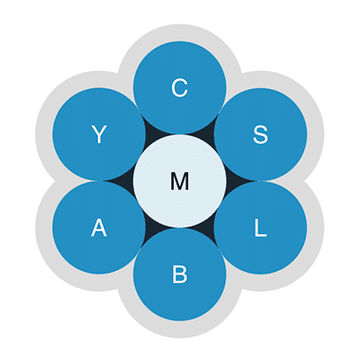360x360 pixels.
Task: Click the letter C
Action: pyautogui.click(x=180, y=87)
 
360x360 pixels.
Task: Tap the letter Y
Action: pyautogui.click(x=99, y=134)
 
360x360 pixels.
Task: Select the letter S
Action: pyautogui.click(x=260, y=134)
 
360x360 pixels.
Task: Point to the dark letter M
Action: pyautogui.click(x=180, y=181)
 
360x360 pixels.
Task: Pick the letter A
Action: pyautogui.click(x=99, y=228)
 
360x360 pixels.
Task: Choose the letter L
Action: pyautogui.click(x=260, y=228)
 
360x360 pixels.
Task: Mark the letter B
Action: pyautogui.click(x=180, y=274)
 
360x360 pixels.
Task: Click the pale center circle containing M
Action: pyautogui.click(x=180, y=181)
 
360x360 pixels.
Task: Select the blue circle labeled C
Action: pyautogui.click(x=180, y=87)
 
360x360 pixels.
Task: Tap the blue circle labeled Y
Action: pyautogui.click(x=99, y=134)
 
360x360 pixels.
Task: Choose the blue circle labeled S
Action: pyautogui.click(x=260, y=134)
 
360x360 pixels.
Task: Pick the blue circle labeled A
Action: pyautogui.click(x=99, y=228)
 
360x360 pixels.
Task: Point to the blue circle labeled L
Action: pyautogui.click(x=260, y=228)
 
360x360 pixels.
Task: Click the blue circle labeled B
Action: pyautogui.click(x=180, y=274)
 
